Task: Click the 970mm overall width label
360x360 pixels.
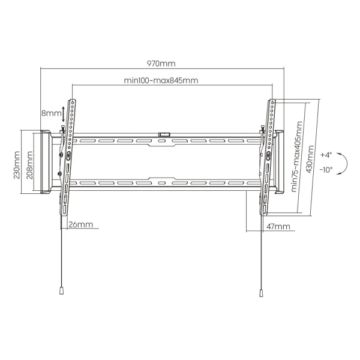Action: (161, 64)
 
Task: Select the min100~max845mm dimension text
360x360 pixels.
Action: (161, 80)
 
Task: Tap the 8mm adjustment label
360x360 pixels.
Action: (51, 113)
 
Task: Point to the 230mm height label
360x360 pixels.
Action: (17, 165)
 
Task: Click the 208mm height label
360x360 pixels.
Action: (30, 166)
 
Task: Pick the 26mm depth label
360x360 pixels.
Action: (81, 224)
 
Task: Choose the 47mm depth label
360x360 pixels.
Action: (278, 227)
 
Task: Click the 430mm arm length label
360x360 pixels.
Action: (310, 159)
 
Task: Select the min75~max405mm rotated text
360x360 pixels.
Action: (296, 157)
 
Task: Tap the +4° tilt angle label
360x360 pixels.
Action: (326, 155)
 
